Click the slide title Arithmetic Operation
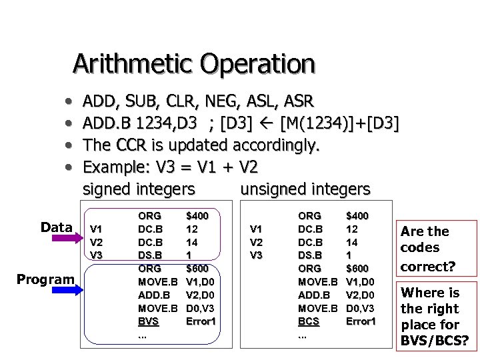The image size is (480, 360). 193,64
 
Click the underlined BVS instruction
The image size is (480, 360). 149,321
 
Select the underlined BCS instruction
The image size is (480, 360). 308,321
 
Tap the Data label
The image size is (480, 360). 55,227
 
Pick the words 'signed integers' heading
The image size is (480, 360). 139,189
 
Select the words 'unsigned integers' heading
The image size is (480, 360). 305,189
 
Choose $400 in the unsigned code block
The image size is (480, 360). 357,215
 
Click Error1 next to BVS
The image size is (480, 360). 201,321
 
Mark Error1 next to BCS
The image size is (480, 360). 361,321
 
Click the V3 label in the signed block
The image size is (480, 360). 96,255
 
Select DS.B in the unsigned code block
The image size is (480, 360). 309,254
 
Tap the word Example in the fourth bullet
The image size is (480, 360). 113,166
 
